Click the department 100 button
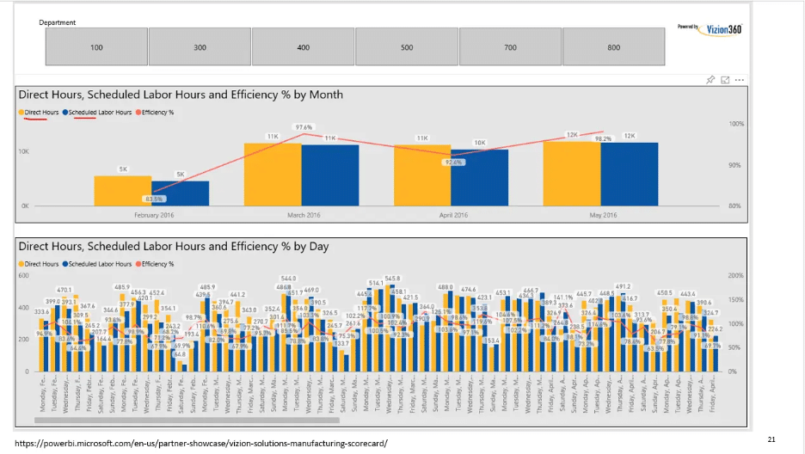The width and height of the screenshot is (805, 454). [x=96, y=47]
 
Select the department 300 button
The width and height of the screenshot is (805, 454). [x=200, y=47]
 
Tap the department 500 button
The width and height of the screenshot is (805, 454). [x=407, y=47]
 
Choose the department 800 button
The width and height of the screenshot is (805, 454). [x=613, y=47]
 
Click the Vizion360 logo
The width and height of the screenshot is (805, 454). [x=710, y=28]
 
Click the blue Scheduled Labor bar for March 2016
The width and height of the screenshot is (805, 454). [x=330, y=175]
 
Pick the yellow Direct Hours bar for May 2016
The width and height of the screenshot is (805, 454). [x=572, y=174]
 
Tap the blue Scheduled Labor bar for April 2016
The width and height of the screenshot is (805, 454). [x=479, y=178]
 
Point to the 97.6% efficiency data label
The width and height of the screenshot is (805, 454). [x=304, y=127]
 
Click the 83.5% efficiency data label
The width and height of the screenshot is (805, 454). [x=153, y=199]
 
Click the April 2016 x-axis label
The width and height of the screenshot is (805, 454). [x=453, y=215]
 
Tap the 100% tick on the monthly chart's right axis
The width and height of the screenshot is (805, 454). [x=736, y=124]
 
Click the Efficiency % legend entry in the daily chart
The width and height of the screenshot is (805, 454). [x=157, y=264]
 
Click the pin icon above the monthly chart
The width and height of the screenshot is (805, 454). [x=710, y=80]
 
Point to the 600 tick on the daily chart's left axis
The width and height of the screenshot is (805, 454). [x=23, y=275]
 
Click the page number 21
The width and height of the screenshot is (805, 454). [x=771, y=439]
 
